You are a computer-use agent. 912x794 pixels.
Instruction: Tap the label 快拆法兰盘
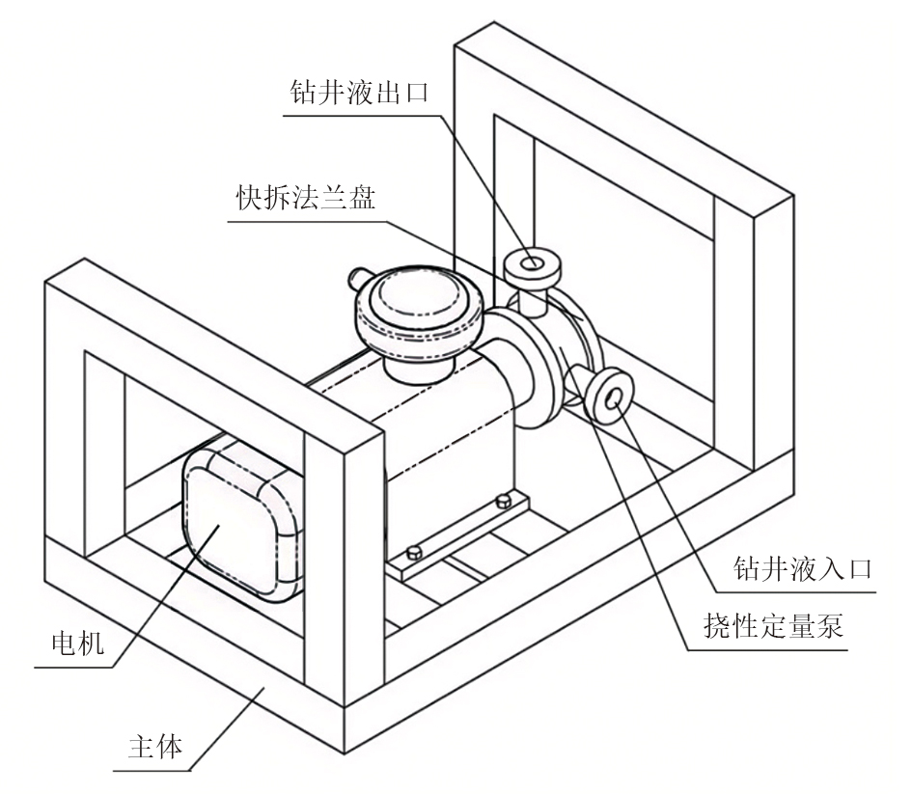pos(306,198)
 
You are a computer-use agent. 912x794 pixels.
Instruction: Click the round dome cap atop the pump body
pos(416,307)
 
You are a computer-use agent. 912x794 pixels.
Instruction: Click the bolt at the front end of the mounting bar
pos(413,552)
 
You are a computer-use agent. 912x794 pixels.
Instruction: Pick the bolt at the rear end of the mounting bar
pos(501,502)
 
